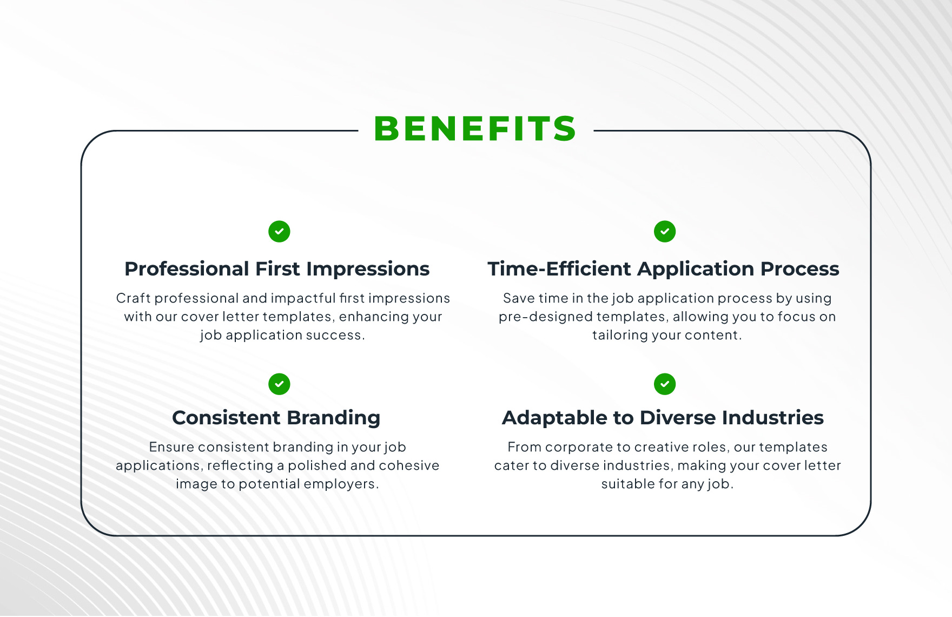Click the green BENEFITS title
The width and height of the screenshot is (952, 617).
(475, 129)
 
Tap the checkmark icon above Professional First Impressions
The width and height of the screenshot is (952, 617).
(279, 232)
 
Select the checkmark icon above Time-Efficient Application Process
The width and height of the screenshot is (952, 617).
(665, 232)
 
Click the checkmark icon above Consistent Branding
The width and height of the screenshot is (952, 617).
(279, 384)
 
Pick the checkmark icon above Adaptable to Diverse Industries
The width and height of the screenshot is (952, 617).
(665, 384)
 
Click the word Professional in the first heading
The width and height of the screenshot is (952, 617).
(187, 269)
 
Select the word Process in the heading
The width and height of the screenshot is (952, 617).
(800, 269)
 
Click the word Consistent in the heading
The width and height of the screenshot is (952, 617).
(226, 418)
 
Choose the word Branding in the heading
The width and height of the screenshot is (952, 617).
(334, 418)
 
